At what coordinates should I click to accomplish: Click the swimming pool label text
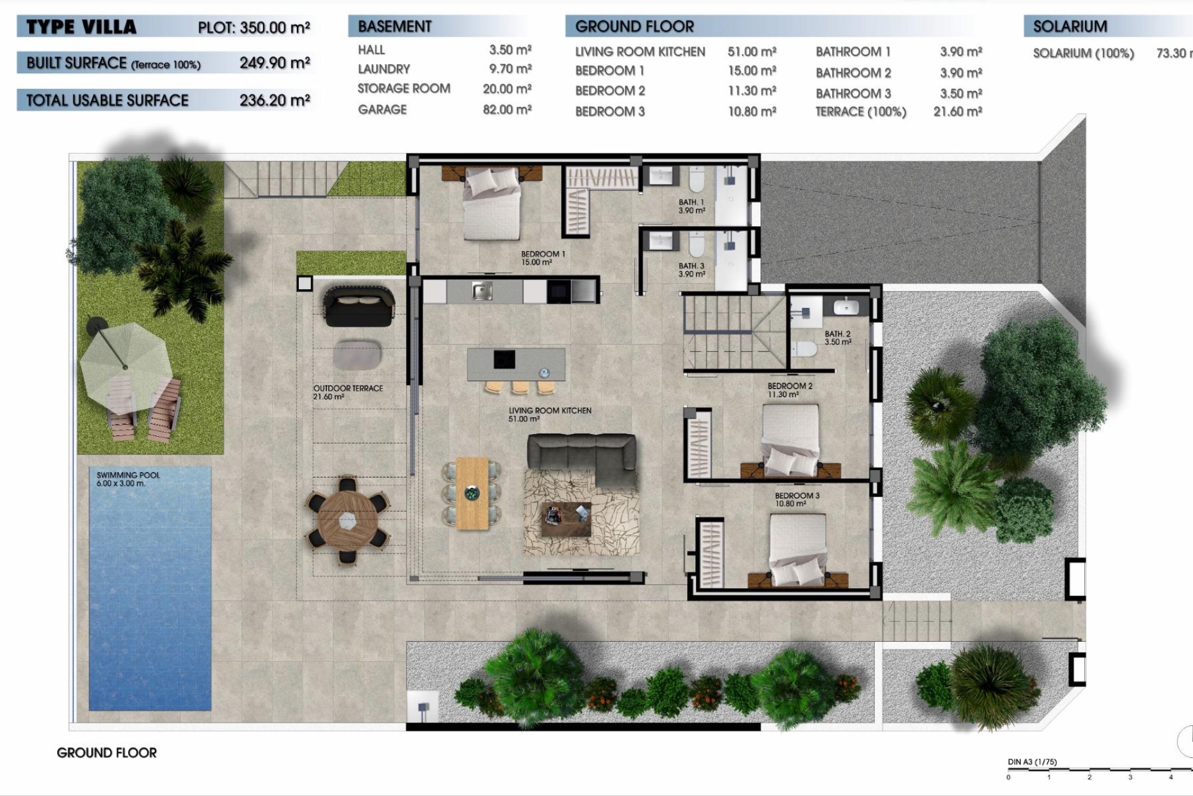(x=128, y=479)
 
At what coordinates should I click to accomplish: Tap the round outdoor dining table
(x=347, y=520)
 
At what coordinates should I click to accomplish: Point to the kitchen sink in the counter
(x=482, y=290)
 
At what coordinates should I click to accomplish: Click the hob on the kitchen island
(x=504, y=359)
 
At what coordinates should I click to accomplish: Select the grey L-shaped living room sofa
(x=582, y=453)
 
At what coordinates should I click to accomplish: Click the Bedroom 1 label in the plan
(x=542, y=258)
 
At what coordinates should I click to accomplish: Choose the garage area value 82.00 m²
(x=507, y=110)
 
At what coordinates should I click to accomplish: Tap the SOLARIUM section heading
(x=1069, y=27)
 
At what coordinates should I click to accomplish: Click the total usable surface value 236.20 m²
(x=275, y=101)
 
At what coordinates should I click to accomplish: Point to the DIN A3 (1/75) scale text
(x=1031, y=762)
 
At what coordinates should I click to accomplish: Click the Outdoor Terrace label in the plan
(x=347, y=392)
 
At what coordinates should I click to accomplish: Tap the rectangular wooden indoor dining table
(x=472, y=493)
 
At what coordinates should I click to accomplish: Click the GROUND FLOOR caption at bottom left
(x=106, y=753)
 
